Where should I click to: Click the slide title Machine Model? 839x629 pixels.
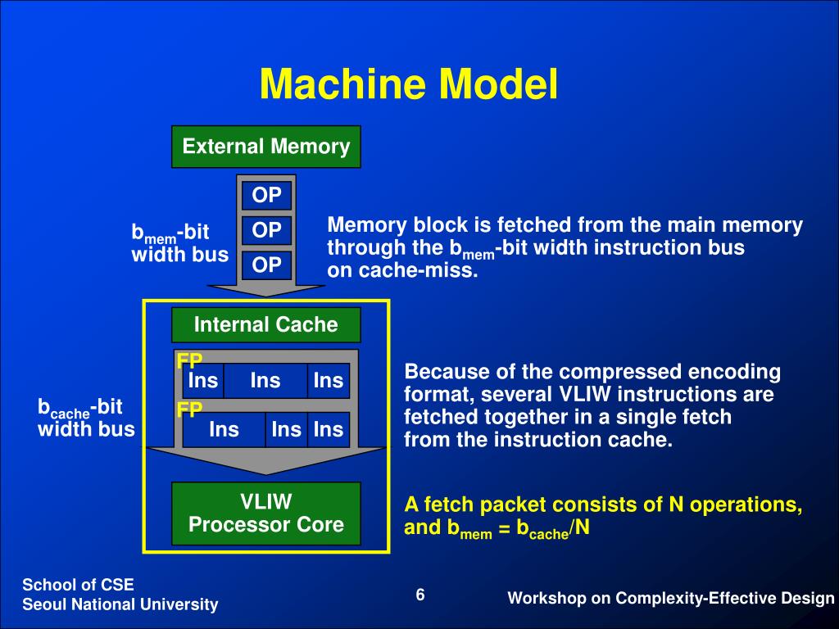pos(409,84)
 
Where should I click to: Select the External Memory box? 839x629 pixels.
pos(265,147)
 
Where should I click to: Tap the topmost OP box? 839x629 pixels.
pos(266,195)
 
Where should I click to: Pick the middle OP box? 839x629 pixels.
pos(266,230)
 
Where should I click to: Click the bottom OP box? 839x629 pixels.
pos(266,265)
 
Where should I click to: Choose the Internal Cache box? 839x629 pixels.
pos(265,324)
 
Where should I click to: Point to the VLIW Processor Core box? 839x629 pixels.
pos(265,513)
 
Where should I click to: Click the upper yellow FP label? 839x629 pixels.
pos(189,361)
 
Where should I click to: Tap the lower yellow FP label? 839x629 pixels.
pos(189,410)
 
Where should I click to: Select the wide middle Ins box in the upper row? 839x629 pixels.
pos(265,381)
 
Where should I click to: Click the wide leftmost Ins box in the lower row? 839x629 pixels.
pos(224,429)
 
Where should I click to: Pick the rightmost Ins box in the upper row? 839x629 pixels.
pos(328,381)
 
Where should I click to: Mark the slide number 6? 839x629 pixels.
pos(419,595)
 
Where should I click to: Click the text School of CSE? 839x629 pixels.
pos(78,584)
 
